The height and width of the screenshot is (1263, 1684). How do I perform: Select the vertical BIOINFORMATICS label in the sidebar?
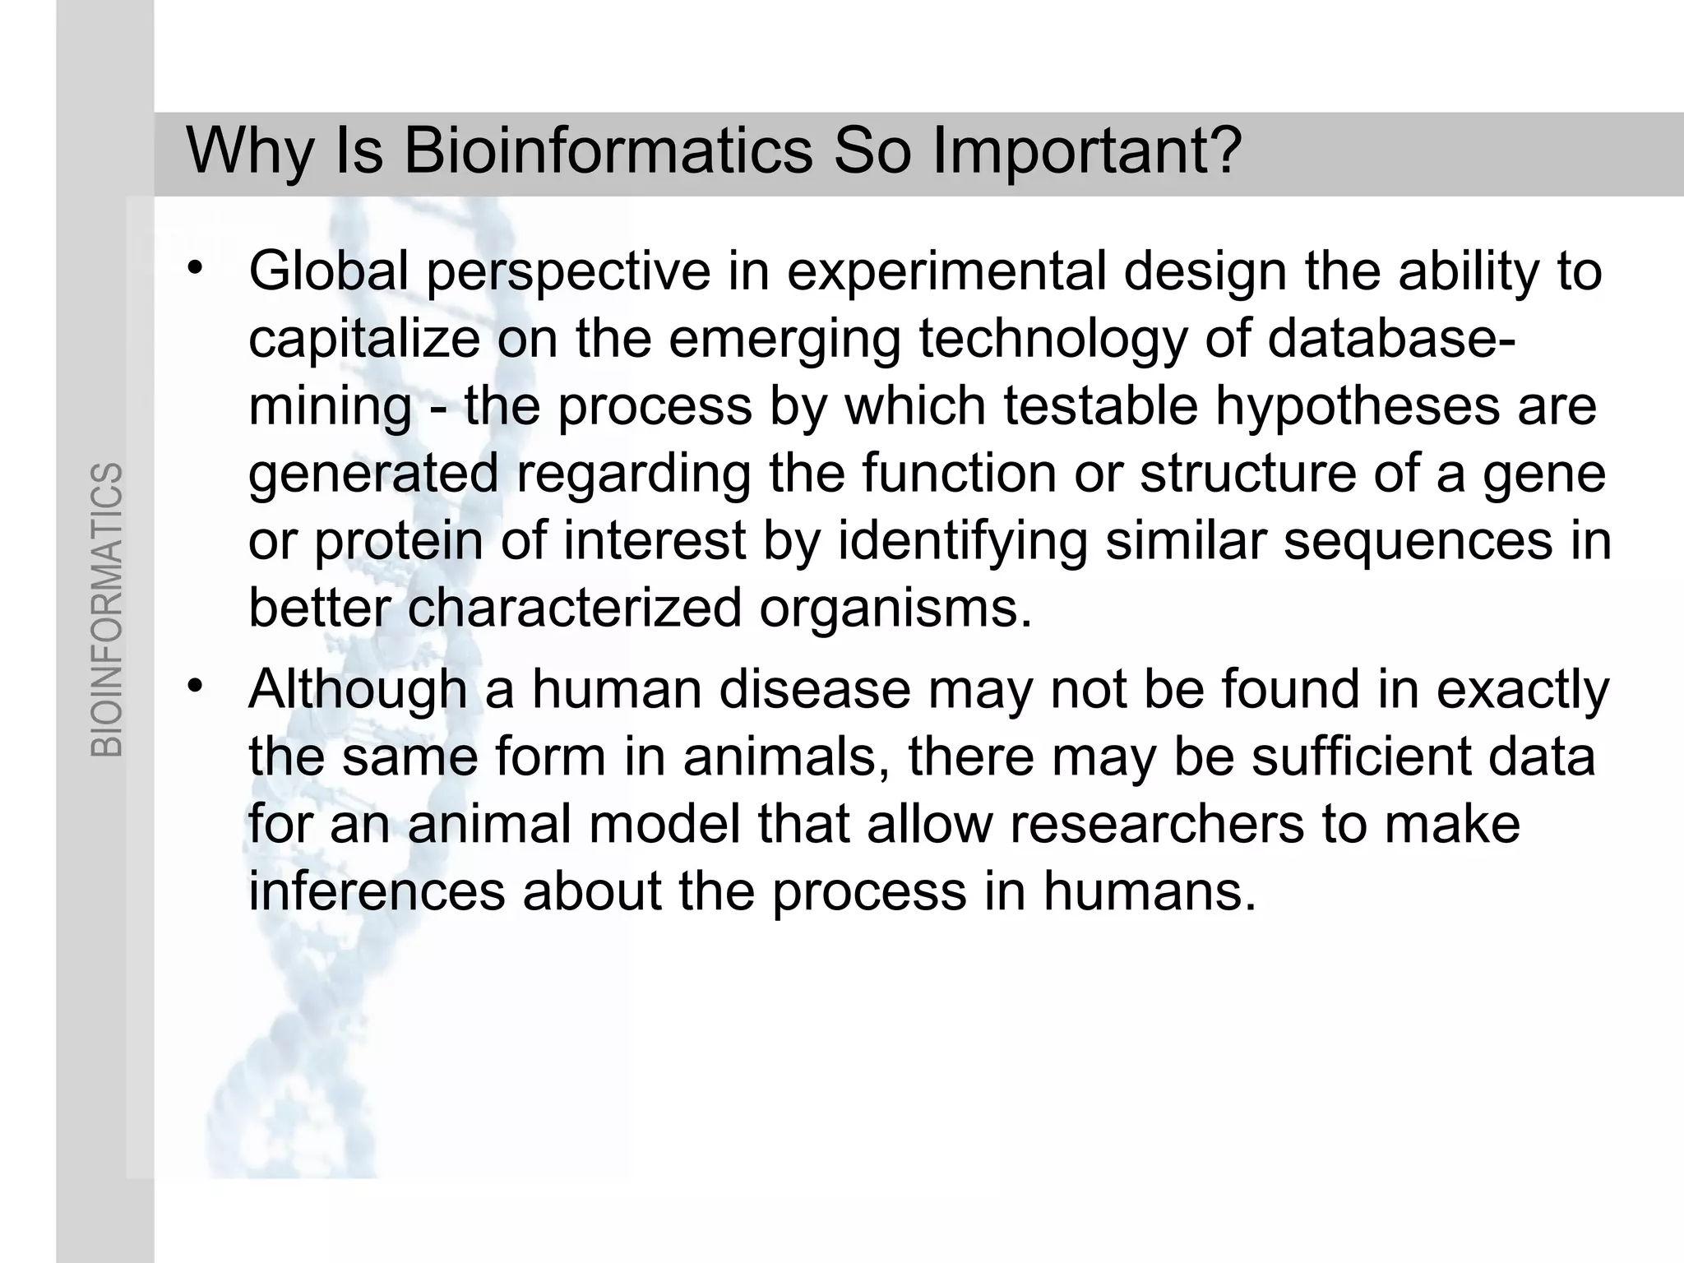(107, 609)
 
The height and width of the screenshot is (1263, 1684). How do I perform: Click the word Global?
(329, 271)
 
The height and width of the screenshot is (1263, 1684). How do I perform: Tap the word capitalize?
(364, 339)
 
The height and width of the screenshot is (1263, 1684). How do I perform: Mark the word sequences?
(1418, 543)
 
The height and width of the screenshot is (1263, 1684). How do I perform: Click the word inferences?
(377, 891)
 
